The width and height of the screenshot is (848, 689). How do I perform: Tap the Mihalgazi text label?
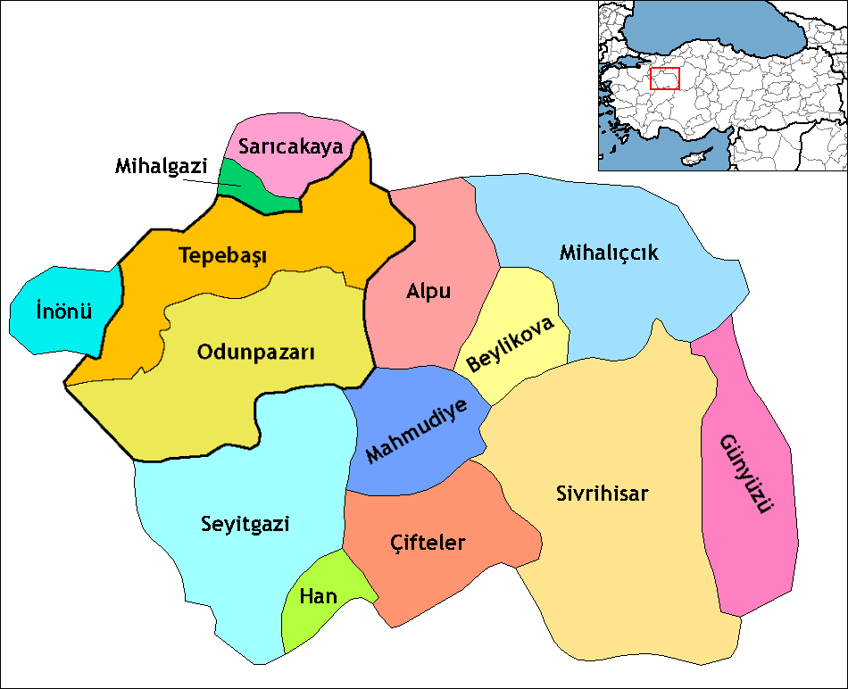pos(161,166)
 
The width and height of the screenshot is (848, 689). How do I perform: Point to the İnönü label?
pos(63,311)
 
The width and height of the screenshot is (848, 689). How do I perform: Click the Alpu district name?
pos(428,292)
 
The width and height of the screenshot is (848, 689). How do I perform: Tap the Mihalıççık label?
pos(609,253)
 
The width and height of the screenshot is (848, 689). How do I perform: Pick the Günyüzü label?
pos(744,475)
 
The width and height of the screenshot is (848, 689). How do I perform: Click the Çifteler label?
pos(428,541)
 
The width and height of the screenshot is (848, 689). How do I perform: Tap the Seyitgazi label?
pos(245,524)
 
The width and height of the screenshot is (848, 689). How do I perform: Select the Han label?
pos(318,596)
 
